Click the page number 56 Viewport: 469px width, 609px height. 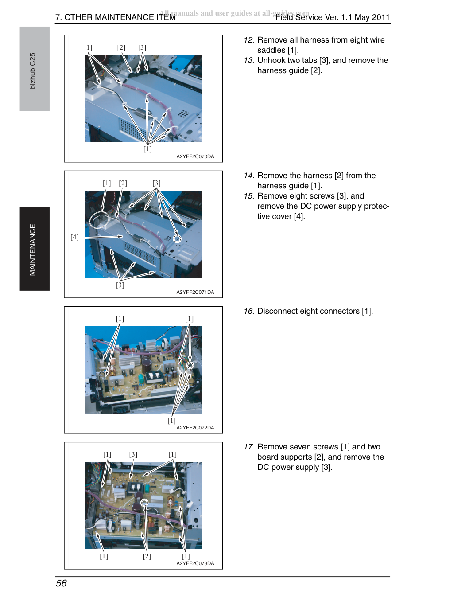pos(61,583)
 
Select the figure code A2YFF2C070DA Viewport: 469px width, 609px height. pos(195,156)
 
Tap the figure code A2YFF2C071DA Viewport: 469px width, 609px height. pos(195,292)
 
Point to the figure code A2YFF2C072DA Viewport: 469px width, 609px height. pos(195,428)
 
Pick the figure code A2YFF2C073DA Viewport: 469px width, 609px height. pos(195,563)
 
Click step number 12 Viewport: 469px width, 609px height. pos(249,40)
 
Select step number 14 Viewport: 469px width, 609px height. pos(249,176)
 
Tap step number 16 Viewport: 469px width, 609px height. pos(249,311)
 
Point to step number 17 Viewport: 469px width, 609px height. pos(249,447)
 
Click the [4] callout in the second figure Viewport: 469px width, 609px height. pos(74,237)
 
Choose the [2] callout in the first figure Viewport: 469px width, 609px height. pos(121,47)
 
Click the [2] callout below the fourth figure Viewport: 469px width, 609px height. pos(147,556)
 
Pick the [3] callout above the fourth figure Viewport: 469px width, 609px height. pos(133,454)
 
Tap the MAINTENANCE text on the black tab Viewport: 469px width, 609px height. pos(33,250)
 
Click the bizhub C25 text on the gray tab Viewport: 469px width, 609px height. pos(33,71)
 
